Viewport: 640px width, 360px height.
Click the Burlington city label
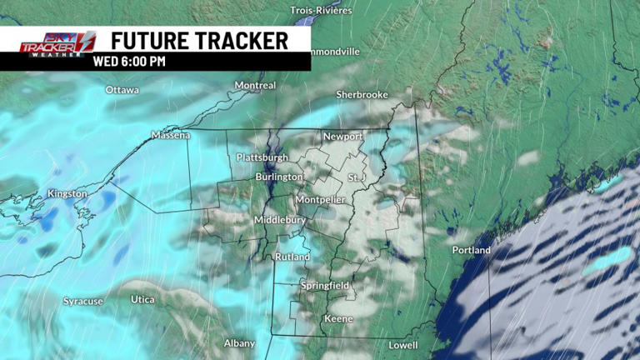coord(280,177)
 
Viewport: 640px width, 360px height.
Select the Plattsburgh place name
coord(262,157)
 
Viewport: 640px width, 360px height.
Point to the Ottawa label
coord(122,89)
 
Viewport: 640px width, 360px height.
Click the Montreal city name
coord(255,85)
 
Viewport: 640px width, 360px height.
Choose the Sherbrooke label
coord(362,95)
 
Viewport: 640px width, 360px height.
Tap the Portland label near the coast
coord(472,250)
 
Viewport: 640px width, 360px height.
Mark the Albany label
coord(239,342)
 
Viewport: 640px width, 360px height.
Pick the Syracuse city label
coord(83,301)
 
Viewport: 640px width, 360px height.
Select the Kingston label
coord(67,193)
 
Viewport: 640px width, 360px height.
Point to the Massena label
coord(171,135)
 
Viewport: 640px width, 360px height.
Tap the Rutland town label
coord(292,257)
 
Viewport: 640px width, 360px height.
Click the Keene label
coord(338,318)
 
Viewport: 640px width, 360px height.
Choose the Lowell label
coord(403,345)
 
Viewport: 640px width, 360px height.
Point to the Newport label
coord(343,136)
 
